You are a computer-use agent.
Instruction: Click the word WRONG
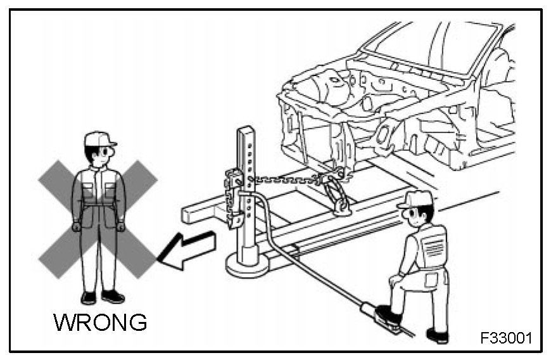click(x=100, y=322)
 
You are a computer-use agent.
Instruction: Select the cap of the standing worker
click(x=99, y=139)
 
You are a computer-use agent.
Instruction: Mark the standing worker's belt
click(x=98, y=204)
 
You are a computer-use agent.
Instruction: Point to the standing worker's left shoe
click(x=113, y=297)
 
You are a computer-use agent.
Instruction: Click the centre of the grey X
click(x=98, y=219)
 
